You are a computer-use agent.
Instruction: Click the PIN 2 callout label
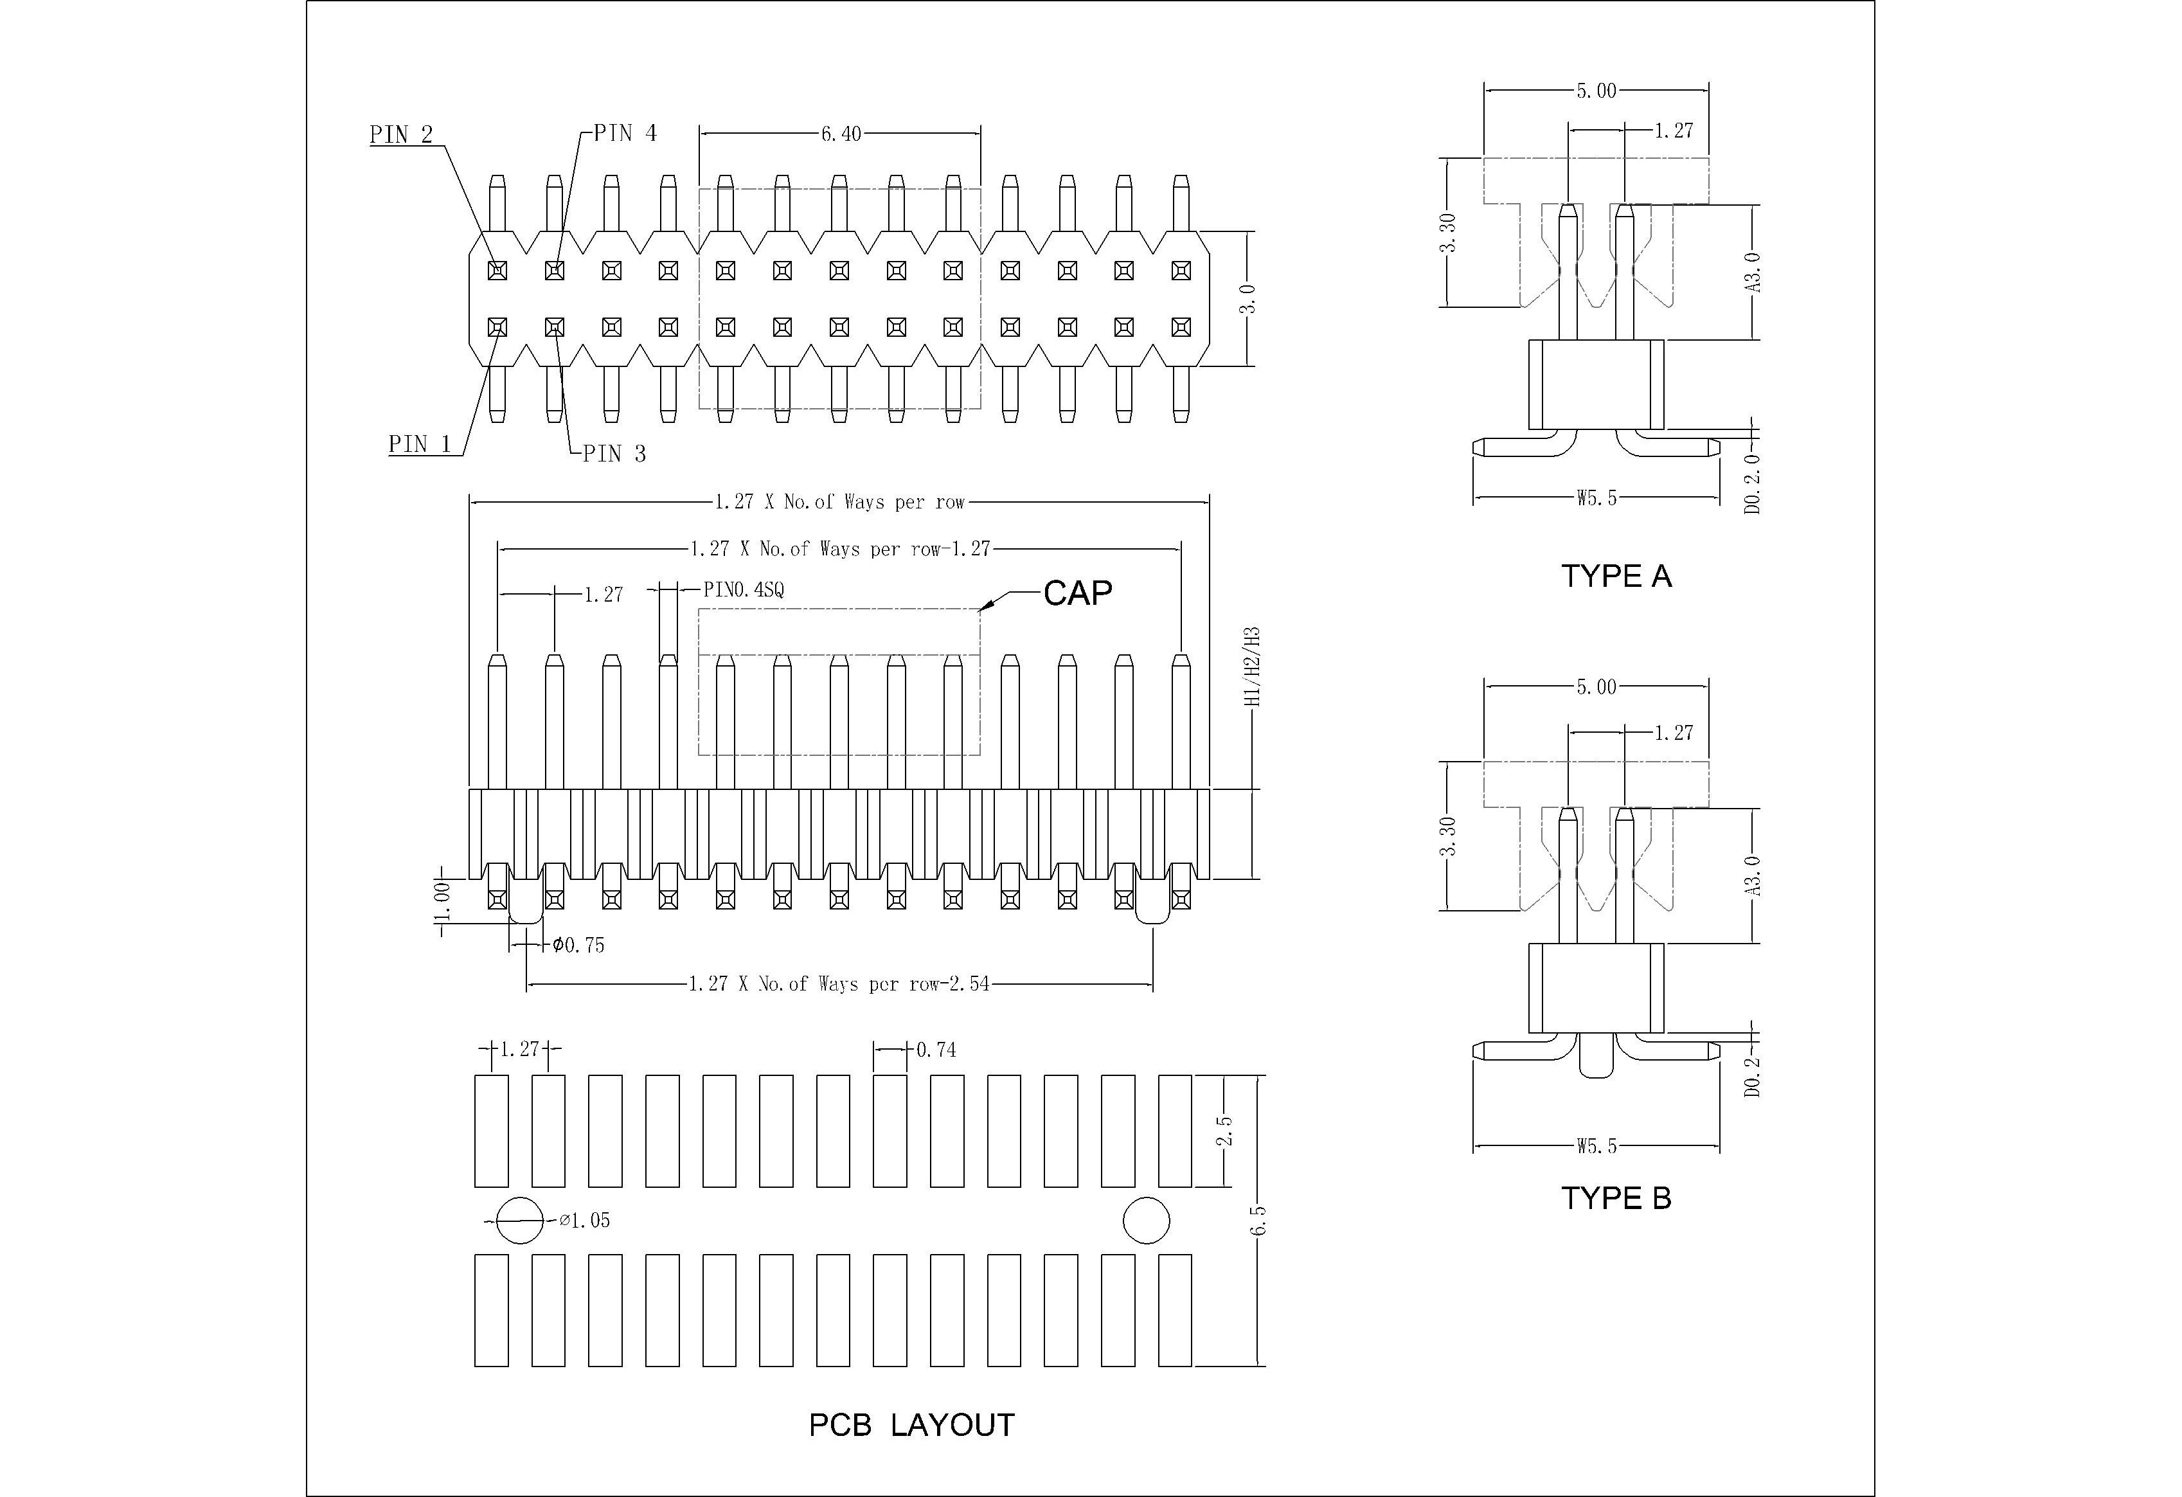tap(401, 134)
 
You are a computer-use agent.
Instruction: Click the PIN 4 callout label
tap(625, 133)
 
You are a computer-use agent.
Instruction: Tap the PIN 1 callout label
tap(420, 444)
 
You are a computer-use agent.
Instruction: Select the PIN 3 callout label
tap(614, 454)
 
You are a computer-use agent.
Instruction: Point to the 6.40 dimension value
tap(840, 134)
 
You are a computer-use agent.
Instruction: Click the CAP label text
tap(1078, 593)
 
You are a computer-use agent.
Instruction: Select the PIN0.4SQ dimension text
tap(744, 590)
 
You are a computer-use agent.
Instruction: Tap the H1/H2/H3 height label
tap(1251, 667)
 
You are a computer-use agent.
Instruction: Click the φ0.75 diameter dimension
tap(578, 945)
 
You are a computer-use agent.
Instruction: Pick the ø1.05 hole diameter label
tap(584, 1220)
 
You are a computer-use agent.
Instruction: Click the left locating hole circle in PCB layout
tap(519, 1221)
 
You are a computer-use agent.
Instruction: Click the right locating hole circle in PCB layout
tap(1147, 1221)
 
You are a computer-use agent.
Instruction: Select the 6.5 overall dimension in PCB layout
tap(1259, 1220)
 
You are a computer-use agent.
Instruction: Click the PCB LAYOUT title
tap(911, 1424)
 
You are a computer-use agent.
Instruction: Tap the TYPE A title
tap(1616, 576)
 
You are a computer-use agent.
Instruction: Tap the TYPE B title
tap(1616, 1197)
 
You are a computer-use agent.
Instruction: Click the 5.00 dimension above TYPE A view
tap(1596, 91)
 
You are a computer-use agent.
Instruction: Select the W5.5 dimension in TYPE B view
tap(1596, 1146)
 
